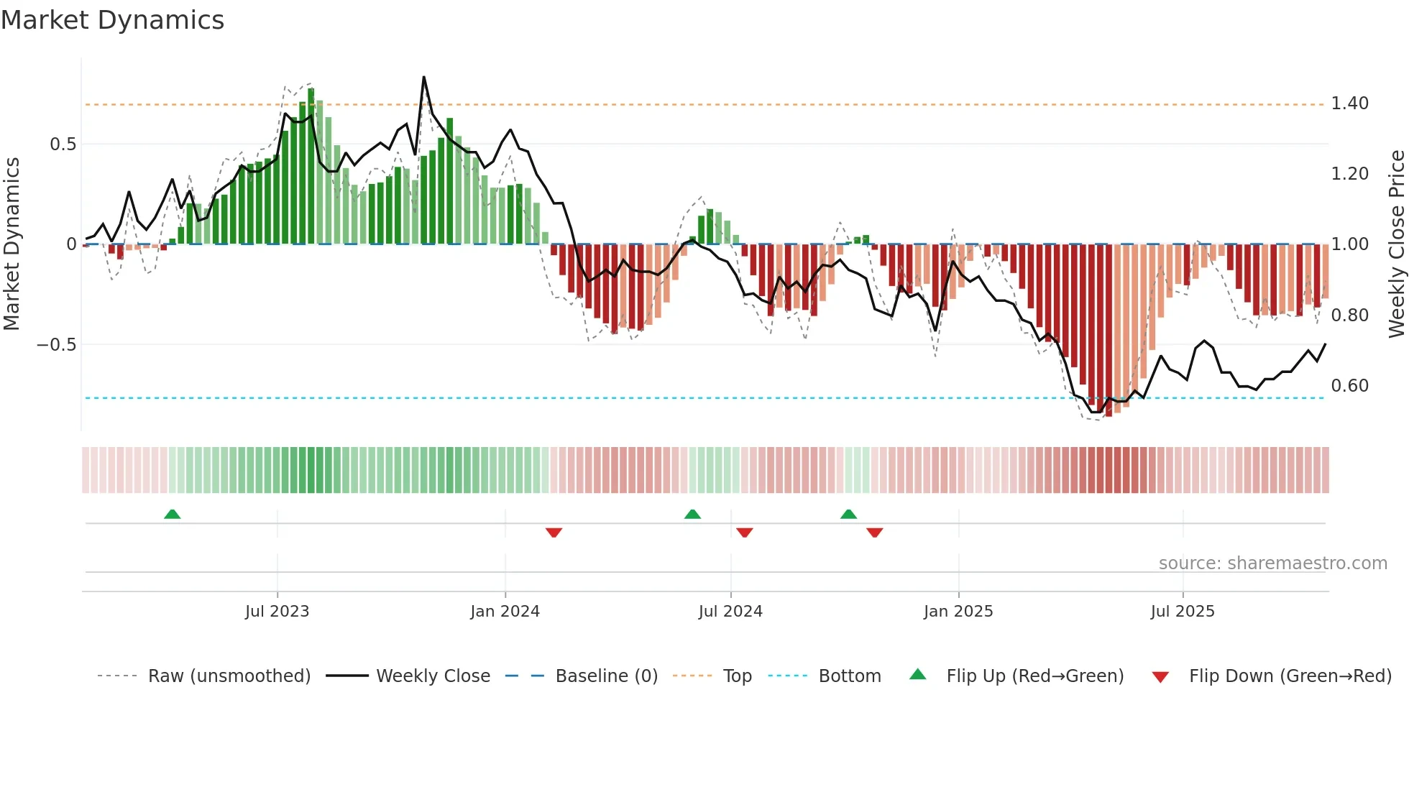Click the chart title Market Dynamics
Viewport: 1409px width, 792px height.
[x=112, y=20]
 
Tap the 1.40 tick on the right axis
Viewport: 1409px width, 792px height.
[x=1349, y=103]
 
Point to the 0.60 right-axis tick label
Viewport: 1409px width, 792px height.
[x=1349, y=386]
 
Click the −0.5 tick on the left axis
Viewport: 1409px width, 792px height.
[x=56, y=345]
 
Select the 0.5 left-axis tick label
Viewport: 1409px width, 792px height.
[x=63, y=144]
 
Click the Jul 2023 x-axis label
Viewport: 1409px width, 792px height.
[x=277, y=612]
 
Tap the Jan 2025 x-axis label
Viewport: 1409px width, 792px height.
[x=958, y=612]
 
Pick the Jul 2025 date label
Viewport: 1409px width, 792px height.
[x=1182, y=612]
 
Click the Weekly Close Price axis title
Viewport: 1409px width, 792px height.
[x=1396, y=244]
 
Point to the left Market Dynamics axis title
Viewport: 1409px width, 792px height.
[x=12, y=244]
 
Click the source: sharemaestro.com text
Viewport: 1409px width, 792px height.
[x=1272, y=563]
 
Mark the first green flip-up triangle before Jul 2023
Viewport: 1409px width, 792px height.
[x=172, y=515]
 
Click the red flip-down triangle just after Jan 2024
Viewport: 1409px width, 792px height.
[x=554, y=533]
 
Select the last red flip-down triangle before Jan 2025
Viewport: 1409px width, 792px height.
[x=874, y=533]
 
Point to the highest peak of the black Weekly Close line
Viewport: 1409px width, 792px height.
[x=423, y=78]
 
